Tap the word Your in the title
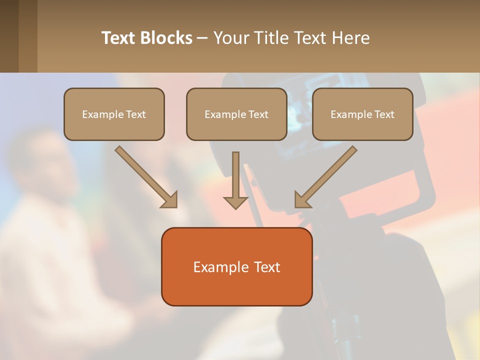click(231, 38)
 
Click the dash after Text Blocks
click(202, 38)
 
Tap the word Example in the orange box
click(217, 267)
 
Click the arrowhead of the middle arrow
click(235, 202)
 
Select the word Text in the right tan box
click(384, 114)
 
